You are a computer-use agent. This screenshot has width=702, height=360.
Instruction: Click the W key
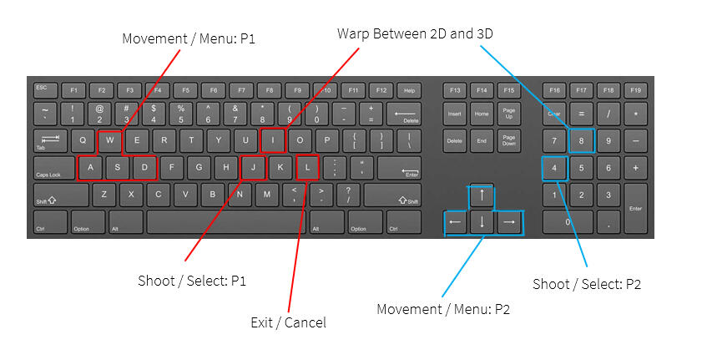click(x=109, y=141)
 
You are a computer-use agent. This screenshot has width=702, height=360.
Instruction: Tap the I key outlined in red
click(x=273, y=141)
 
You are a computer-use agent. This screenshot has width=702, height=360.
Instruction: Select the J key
click(x=254, y=167)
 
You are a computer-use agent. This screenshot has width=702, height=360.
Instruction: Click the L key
click(x=307, y=167)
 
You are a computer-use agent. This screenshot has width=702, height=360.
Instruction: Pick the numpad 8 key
click(x=581, y=141)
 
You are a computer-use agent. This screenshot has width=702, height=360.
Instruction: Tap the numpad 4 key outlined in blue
click(x=554, y=169)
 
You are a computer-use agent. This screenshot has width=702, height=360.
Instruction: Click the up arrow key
click(x=482, y=195)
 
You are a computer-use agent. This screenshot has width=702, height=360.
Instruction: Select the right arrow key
click(x=509, y=222)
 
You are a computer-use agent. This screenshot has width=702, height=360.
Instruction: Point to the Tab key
click(x=50, y=141)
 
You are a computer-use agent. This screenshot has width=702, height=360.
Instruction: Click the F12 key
click(x=381, y=90)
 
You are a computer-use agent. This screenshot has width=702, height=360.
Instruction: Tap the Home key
click(x=482, y=114)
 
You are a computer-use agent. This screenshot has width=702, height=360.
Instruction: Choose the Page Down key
click(x=509, y=141)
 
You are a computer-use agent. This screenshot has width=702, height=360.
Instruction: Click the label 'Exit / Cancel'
click(x=288, y=322)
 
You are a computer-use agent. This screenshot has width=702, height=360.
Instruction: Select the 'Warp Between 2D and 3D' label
click(x=415, y=33)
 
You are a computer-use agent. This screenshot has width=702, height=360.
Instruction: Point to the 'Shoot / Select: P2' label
click(x=587, y=284)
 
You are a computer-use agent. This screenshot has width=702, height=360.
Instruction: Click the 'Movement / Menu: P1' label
click(x=189, y=38)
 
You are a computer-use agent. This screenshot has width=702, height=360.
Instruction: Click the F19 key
click(x=636, y=90)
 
